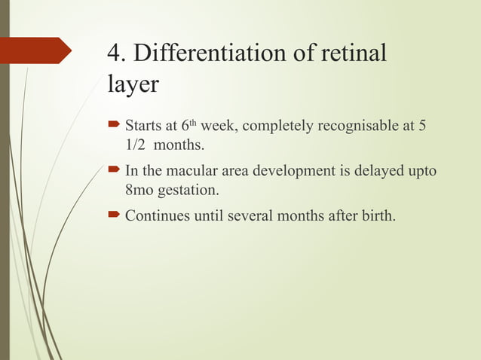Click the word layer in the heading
click(133, 84)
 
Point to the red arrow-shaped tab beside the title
click(35, 51)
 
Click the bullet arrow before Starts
click(114, 124)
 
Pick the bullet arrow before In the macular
click(114, 170)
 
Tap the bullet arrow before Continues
click(114, 216)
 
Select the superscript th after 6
click(192, 121)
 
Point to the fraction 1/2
click(136, 143)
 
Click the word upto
click(421, 171)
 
